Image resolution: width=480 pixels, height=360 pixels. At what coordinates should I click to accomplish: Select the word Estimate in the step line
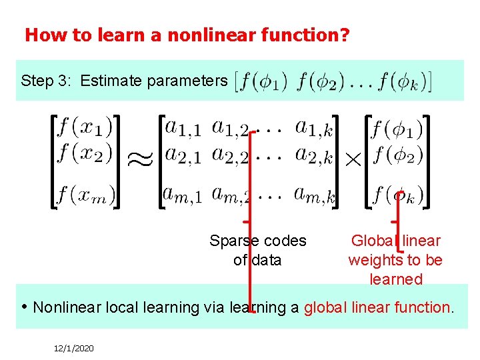[111, 81]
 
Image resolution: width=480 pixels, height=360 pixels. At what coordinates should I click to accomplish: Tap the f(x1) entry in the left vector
[85, 127]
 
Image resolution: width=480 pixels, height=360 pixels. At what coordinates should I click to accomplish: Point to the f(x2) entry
[85, 154]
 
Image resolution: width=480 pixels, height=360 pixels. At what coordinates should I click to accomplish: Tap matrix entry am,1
[182, 195]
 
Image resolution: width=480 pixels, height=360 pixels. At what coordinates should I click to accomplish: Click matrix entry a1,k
[313, 127]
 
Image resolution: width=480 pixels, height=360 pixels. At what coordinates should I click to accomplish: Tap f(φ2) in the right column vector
[398, 156]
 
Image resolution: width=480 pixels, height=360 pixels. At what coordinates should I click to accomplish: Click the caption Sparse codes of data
[257, 250]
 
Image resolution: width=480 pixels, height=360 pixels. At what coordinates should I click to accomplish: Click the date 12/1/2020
[74, 347]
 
